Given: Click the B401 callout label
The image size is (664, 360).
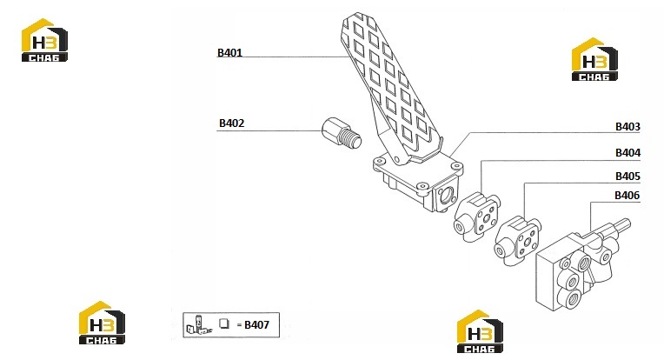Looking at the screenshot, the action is [x=229, y=53].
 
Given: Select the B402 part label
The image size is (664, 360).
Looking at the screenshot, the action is [x=232, y=123].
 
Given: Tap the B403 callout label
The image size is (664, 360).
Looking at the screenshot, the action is [x=627, y=127].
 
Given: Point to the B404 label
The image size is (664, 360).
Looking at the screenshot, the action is [x=627, y=152].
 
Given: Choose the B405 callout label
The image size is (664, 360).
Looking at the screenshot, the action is [x=627, y=176].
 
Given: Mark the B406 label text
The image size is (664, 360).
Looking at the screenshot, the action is [x=627, y=196].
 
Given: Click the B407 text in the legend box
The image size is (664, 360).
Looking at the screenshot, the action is [x=256, y=325].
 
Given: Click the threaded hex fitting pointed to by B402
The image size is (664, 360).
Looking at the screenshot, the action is [x=342, y=132].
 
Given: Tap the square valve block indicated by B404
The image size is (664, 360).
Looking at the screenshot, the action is [x=477, y=217].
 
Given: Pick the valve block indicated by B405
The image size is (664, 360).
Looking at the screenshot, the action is [x=518, y=240].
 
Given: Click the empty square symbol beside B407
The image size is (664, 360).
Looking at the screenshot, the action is [x=224, y=323].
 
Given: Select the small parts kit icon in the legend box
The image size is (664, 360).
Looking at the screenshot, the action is [x=199, y=325].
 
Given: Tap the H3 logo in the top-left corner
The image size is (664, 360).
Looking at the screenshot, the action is [x=44, y=40].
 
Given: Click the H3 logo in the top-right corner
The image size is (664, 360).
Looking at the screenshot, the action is [x=594, y=59].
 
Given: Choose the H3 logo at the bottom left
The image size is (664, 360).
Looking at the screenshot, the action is [x=102, y=323].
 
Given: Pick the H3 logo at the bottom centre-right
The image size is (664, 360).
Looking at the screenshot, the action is [x=480, y=331].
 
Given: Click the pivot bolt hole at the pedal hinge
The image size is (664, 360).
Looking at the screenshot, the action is [x=398, y=158].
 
